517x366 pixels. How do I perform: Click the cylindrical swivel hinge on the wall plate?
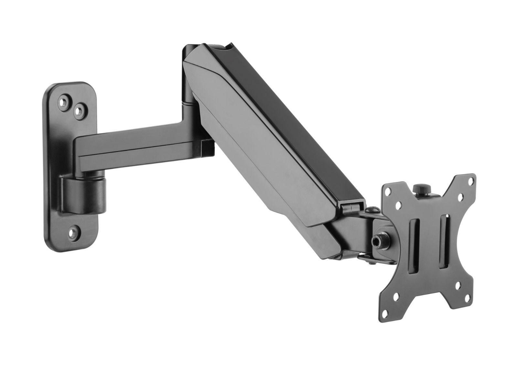(x=84, y=195)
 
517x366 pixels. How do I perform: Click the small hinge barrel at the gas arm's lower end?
(x=352, y=207)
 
